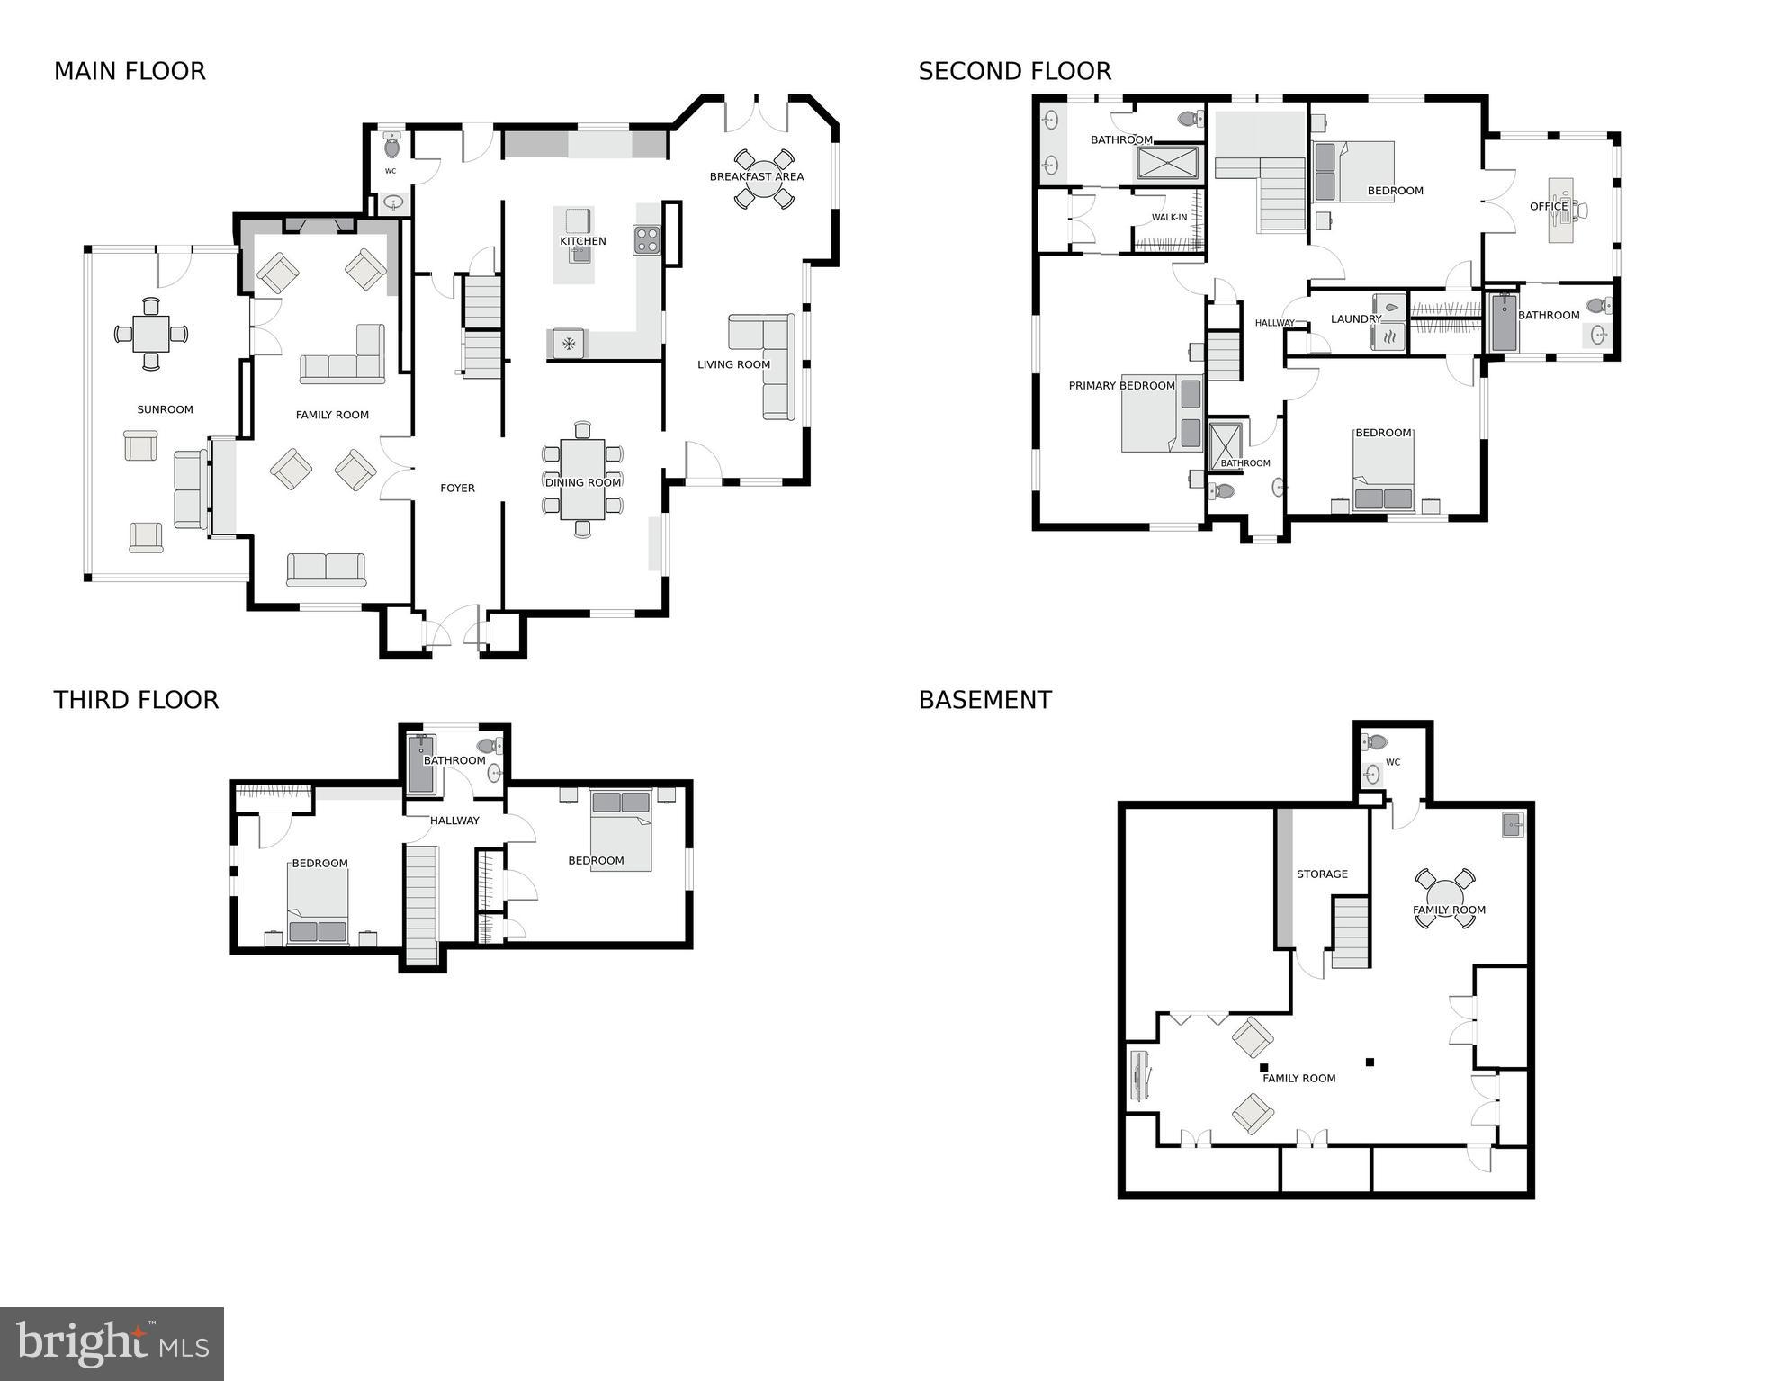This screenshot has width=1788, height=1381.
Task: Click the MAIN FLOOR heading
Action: (x=130, y=71)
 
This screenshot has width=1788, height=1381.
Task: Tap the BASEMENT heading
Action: (x=984, y=700)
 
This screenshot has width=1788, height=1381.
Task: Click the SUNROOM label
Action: (x=165, y=409)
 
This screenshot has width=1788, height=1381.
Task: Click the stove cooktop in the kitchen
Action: (x=647, y=240)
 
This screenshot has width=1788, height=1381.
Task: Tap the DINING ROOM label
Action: (x=582, y=482)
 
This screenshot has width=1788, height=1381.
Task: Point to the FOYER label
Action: (x=457, y=488)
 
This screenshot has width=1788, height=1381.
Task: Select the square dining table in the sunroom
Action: (x=150, y=334)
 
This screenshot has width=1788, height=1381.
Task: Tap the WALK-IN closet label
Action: (x=1169, y=218)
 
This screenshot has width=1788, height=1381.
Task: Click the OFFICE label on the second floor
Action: (x=1548, y=206)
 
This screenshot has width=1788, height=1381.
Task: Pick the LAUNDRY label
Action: (x=1355, y=318)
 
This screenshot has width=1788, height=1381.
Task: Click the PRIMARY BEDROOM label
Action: (x=1121, y=386)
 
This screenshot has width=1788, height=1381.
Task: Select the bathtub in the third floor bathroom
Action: (x=420, y=765)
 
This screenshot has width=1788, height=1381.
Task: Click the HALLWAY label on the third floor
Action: (x=454, y=821)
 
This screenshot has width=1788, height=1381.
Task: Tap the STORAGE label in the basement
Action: (x=1321, y=874)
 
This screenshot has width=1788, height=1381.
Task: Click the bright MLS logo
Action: (x=112, y=1344)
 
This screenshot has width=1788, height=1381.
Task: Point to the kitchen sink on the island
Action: (x=579, y=253)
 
